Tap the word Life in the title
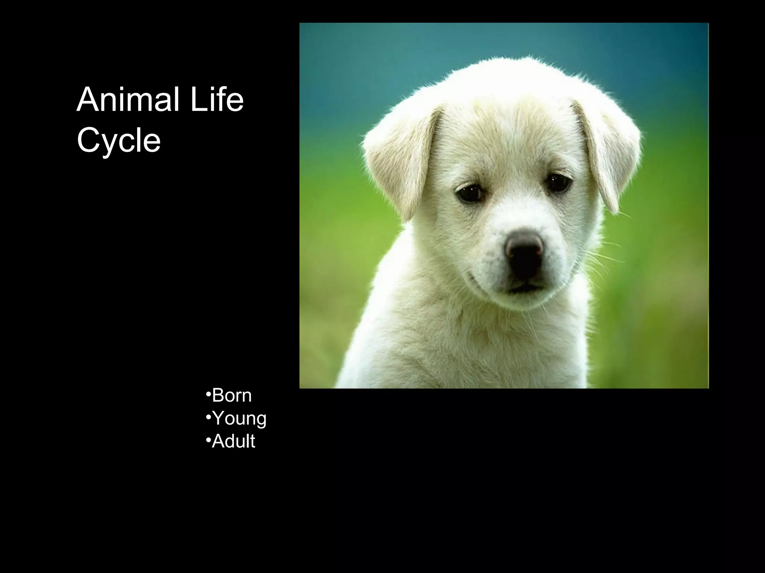pyautogui.click(x=217, y=99)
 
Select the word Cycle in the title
pyautogui.click(x=119, y=140)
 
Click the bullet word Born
pyautogui.click(x=232, y=395)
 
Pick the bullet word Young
pyautogui.click(x=239, y=418)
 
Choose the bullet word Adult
pyautogui.click(x=233, y=441)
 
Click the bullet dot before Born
pyautogui.click(x=208, y=394)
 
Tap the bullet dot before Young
pyautogui.click(x=208, y=417)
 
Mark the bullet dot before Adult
pyautogui.click(x=208, y=440)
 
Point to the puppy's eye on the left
pyautogui.click(x=470, y=193)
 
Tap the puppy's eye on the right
pyautogui.click(x=558, y=182)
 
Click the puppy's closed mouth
pyautogui.click(x=523, y=287)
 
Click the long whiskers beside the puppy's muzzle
pyautogui.click(x=601, y=257)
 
